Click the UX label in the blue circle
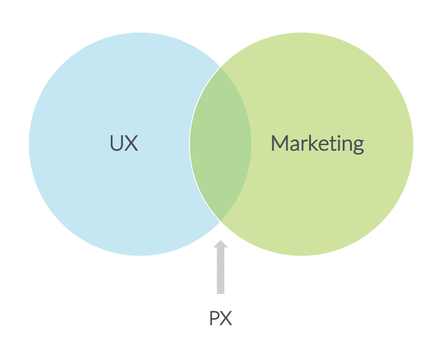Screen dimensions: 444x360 point(124,143)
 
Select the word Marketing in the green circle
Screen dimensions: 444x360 point(317,144)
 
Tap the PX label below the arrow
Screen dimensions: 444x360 point(220,319)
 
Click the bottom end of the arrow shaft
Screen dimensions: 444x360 point(221,292)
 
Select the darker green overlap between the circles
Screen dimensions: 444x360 point(221,144)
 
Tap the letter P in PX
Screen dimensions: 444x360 point(214,319)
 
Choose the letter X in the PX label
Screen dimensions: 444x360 point(226,319)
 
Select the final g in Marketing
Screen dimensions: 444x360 point(358,146)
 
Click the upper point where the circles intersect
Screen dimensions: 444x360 point(221,67)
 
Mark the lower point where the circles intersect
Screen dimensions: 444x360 point(220,220)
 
